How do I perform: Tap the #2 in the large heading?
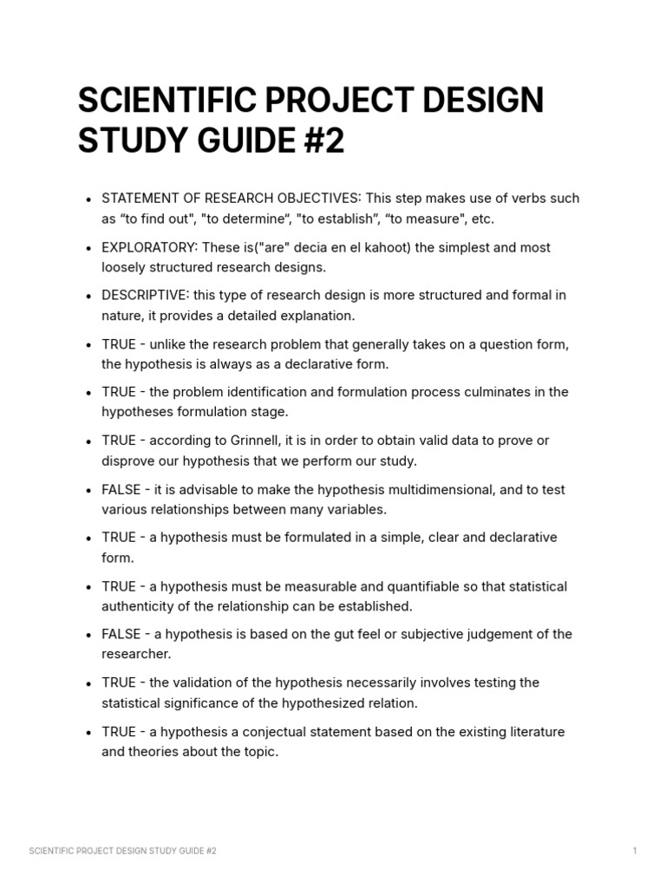(x=323, y=141)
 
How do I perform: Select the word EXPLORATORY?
(x=149, y=247)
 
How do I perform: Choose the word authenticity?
(x=140, y=606)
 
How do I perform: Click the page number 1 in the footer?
(x=635, y=851)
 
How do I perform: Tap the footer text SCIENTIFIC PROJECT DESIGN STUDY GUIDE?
(x=122, y=851)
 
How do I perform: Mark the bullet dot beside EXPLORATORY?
(x=89, y=249)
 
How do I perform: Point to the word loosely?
(x=127, y=267)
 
